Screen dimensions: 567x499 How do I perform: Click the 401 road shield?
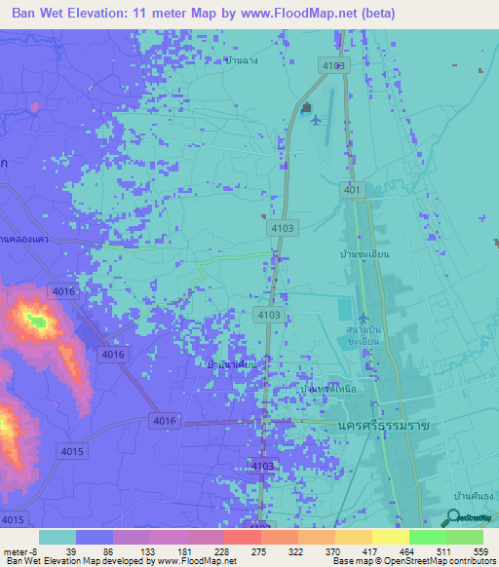[352, 190]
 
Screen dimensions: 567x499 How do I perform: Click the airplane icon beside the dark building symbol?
[314, 120]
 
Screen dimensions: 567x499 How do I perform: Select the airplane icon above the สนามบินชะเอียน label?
[364, 319]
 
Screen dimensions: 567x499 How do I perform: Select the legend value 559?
[481, 551]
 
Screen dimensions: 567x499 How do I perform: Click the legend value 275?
[258, 551]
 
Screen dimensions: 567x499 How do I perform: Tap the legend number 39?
[71, 551]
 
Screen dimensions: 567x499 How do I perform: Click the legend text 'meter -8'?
[19, 551]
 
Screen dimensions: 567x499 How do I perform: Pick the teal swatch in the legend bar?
[57, 537]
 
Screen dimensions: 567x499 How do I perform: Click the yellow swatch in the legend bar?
[389, 537]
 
